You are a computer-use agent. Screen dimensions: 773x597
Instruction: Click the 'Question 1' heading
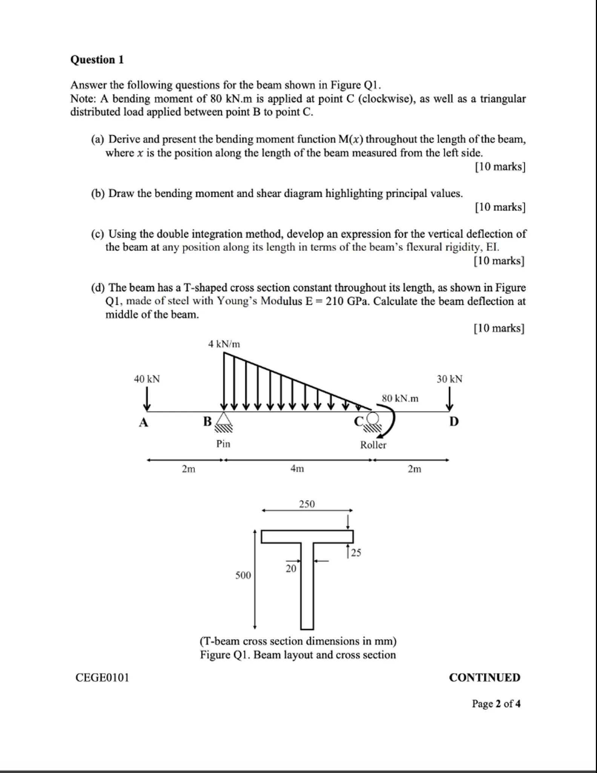pos(97,60)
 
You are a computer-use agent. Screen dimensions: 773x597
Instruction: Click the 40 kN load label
pos(147,379)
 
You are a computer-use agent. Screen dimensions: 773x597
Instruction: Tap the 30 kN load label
pos(449,379)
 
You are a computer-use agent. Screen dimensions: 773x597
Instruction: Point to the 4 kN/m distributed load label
pos(224,344)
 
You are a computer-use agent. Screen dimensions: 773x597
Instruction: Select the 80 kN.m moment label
pos(400,398)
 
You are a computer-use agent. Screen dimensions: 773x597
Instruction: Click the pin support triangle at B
pos(224,419)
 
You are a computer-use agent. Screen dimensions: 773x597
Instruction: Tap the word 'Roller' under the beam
pos(373,445)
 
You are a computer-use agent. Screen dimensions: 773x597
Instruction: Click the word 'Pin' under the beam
pos(223,443)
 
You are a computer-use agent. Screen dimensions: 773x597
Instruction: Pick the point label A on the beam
pos(143,422)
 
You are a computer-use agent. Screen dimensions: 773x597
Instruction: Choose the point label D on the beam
pos(454,421)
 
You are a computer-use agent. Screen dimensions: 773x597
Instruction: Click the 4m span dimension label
pos(297,469)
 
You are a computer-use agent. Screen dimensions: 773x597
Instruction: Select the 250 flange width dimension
pos(307,504)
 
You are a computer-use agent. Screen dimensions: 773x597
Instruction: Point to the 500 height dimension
pos(243,575)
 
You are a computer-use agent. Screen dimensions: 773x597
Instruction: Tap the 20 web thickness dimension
pos(291,568)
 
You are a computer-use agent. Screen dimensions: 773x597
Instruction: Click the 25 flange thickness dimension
pos(356,553)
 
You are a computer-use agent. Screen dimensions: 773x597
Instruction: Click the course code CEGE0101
pos(102,678)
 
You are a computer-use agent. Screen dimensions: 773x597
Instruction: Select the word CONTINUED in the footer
pos(484,678)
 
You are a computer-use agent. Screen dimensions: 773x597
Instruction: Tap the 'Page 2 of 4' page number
pos(496,704)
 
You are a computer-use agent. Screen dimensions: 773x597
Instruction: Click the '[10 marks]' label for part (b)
pos(500,207)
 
